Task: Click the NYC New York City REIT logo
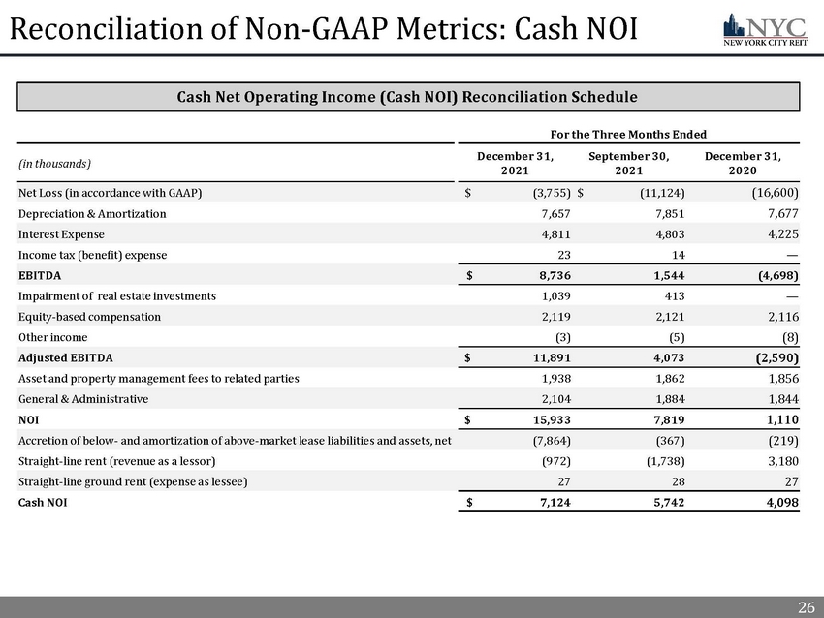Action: (764, 29)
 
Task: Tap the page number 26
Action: (806, 608)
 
